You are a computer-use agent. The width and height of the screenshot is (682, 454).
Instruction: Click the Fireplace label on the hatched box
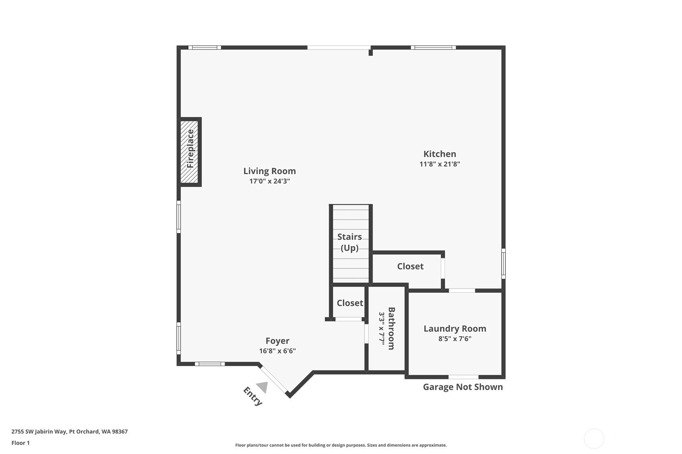190,149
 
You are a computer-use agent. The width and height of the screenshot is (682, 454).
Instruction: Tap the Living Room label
269,171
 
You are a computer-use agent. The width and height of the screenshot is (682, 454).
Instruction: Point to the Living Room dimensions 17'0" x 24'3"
269,181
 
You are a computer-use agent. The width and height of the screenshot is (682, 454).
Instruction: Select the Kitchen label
440,154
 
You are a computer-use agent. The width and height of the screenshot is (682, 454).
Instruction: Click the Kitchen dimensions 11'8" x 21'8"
440,164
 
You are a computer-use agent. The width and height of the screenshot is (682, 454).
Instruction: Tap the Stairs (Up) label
350,242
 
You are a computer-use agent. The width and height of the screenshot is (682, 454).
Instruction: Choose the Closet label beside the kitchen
410,267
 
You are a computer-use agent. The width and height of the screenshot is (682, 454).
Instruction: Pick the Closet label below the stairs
350,303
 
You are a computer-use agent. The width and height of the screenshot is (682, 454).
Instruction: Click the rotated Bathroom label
391,328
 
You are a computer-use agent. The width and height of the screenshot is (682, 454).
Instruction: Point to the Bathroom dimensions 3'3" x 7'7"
381,328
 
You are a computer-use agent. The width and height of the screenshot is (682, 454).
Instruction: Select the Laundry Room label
455,328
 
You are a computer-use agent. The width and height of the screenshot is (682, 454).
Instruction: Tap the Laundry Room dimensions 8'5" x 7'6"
455,339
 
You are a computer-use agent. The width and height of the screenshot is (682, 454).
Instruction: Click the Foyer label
277,340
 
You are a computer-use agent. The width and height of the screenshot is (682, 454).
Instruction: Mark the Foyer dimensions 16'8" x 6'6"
277,351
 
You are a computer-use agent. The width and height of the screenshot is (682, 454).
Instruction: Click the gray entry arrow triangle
263,387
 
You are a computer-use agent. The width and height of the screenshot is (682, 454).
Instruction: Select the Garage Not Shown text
463,387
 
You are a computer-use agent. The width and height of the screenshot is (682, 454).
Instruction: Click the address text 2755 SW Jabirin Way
39,432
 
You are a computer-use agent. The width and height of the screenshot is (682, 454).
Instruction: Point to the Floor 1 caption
21,443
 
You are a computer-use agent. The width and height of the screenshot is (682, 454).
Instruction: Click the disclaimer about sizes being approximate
341,445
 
